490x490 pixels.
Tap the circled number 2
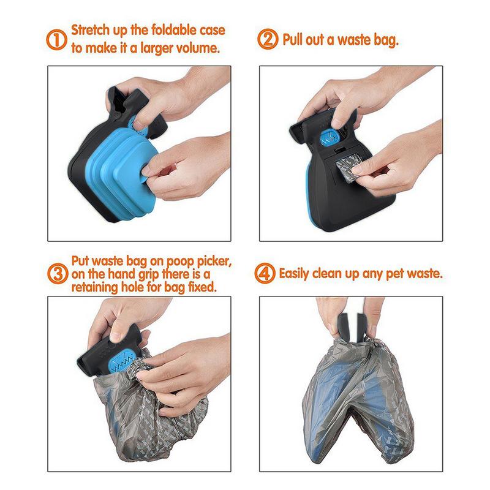tap(268, 40)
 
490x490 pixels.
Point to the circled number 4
tap(268, 271)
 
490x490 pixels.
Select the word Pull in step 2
tap(294, 40)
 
